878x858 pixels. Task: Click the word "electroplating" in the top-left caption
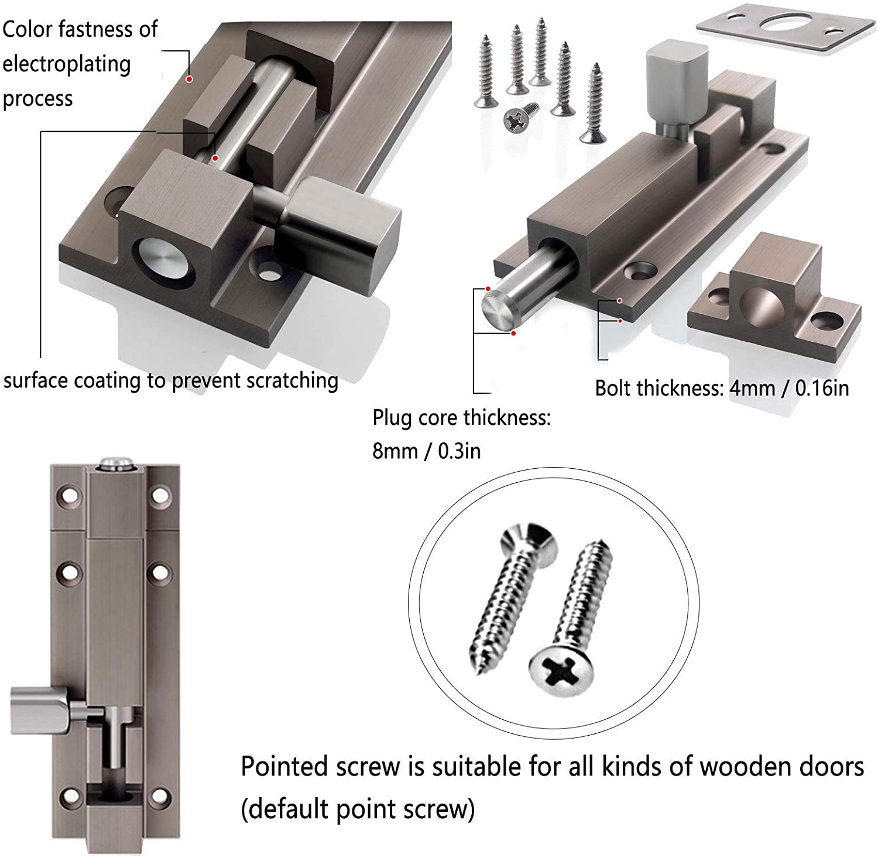pos(66,64)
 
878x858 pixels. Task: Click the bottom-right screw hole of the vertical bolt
pos(159,797)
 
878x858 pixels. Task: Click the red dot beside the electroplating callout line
pos(190,78)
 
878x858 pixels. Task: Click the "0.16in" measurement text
pos(822,388)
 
